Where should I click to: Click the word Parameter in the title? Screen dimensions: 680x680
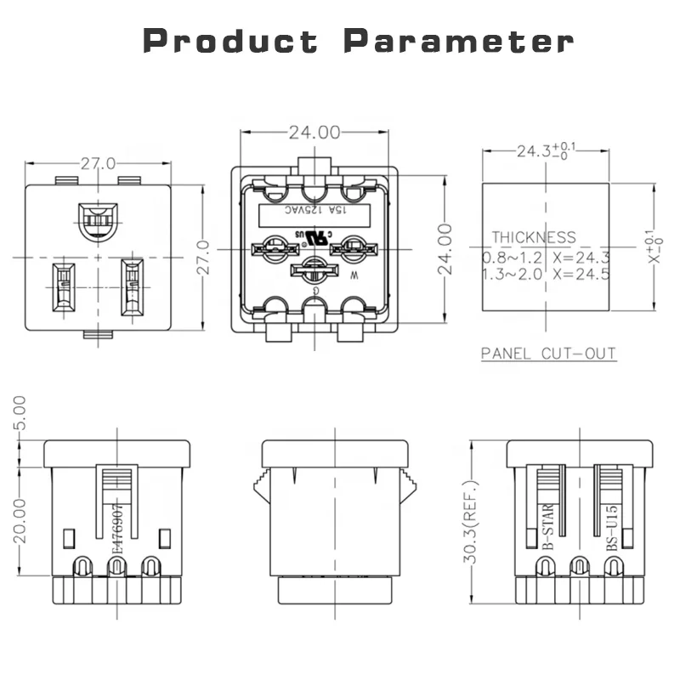(x=459, y=40)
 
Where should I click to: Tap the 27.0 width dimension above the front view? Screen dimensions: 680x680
(x=99, y=163)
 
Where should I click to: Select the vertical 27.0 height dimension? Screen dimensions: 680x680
(x=203, y=256)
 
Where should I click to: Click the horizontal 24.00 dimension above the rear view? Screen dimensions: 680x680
(x=314, y=133)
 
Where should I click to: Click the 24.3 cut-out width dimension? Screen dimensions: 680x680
(x=532, y=152)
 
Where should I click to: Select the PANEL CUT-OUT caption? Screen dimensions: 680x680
(x=548, y=354)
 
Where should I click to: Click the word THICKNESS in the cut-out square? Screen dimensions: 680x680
(x=533, y=238)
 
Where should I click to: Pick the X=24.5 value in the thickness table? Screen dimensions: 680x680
(x=582, y=274)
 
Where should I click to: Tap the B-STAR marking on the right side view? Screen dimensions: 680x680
(x=548, y=527)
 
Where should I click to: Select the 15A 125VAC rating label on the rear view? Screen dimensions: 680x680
(x=314, y=210)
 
